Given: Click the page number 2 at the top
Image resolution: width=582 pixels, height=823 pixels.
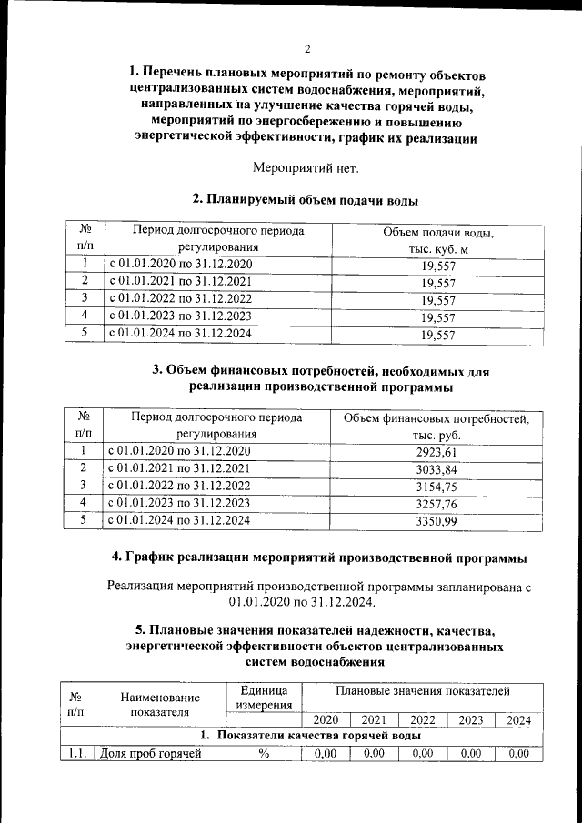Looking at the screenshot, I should pyautogui.click(x=307, y=48).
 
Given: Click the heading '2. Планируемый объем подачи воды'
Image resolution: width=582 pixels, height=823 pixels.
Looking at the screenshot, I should pyautogui.click(x=306, y=199).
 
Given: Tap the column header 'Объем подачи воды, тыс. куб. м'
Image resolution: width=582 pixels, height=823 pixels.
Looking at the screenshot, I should pyautogui.click(x=438, y=241).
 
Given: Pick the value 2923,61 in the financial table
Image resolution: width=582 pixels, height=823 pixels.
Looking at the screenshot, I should pyautogui.click(x=436, y=452).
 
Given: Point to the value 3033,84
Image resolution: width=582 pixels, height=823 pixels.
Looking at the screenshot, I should pyautogui.click(x=436, y=469).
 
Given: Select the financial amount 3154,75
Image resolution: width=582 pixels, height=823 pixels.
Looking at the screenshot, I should pyautogui.click(x=436, y=487).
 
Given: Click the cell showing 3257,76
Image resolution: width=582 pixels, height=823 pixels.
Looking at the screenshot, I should pyautogui.click(x=436, y=504).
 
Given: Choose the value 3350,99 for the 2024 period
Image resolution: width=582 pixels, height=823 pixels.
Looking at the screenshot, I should pyautogui.click(x=436, y=521).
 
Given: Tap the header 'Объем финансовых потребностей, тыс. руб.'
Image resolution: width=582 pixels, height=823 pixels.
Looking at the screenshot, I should pyautogui.click(x=436, y=427).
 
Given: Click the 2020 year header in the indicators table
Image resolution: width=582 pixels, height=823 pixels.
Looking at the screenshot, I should pyautogui.click(x=325, y=720).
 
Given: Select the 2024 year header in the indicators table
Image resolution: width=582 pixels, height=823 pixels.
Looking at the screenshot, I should pyautogui.click(x=518, y=720).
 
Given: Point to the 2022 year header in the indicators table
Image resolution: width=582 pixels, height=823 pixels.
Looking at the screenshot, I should pyautogui.click(x=422, y=720).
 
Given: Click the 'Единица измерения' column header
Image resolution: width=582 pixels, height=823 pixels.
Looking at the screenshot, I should pyautogui.click(x=264, y=698).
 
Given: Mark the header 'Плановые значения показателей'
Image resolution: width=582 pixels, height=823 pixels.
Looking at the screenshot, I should pyautogui.click(x=422, y=692).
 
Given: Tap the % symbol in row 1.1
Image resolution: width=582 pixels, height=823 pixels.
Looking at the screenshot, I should pyautogui.click(x=264, y=753).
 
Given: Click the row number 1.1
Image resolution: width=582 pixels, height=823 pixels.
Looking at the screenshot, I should pyautogui.click(x=76, y=753).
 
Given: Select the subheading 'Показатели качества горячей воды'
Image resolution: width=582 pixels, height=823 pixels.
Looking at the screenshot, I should pyautogui.click(x=309, y=735).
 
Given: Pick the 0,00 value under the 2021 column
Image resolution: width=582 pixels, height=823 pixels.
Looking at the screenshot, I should pyautogui.click(x=374, y=753).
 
